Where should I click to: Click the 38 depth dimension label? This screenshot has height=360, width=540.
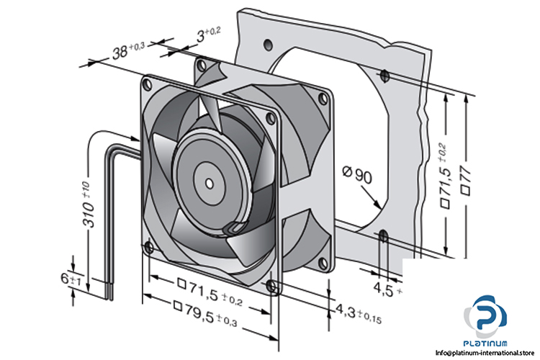pyautogui.click(x=129, y=50)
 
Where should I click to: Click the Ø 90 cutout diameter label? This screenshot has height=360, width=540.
pyautogui.click(x=358, y=174)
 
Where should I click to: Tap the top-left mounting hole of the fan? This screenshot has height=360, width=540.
pyautogui.click(x=148, y=84)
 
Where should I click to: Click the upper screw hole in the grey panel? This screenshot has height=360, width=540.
pyautogui.click(x=385, y=74)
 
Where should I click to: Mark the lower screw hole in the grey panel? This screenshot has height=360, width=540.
pyautogui.click(x=383, y=235)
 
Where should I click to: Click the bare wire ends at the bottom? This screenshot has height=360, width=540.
pyautogui.click(x=109, y=290)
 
